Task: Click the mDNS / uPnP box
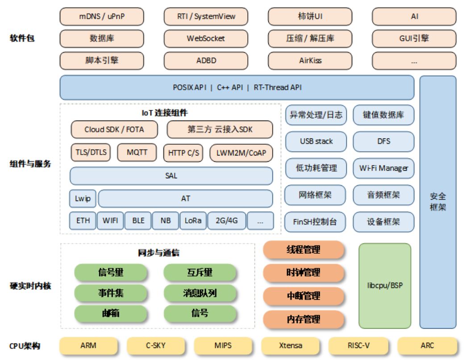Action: (x=102, y=17)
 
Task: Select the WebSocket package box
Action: (x=206, y=38)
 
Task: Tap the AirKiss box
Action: (x=310, y=61)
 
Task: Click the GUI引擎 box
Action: (x=414, y=38)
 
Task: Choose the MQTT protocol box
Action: (x=137, y=152)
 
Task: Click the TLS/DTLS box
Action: (x=91, y=152)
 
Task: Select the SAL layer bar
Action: (x=171, y=176)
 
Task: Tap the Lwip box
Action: (x=83, y=199)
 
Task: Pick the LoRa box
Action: (x=193, y=221)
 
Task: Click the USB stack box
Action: (x=316, y=142)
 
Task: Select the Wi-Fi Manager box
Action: (x=383, y=168)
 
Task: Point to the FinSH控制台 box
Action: (x=315, y=222)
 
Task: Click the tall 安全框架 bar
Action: (x=438, y=202)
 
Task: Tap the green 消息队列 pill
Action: (x=200, y=293)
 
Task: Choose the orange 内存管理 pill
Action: (x=304, y=319)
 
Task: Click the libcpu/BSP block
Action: (x=385, y=286)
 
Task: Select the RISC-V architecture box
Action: (x=358, y=346)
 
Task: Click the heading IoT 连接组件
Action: (x=165, y=113)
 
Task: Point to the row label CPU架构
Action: (x=25, y=346)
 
